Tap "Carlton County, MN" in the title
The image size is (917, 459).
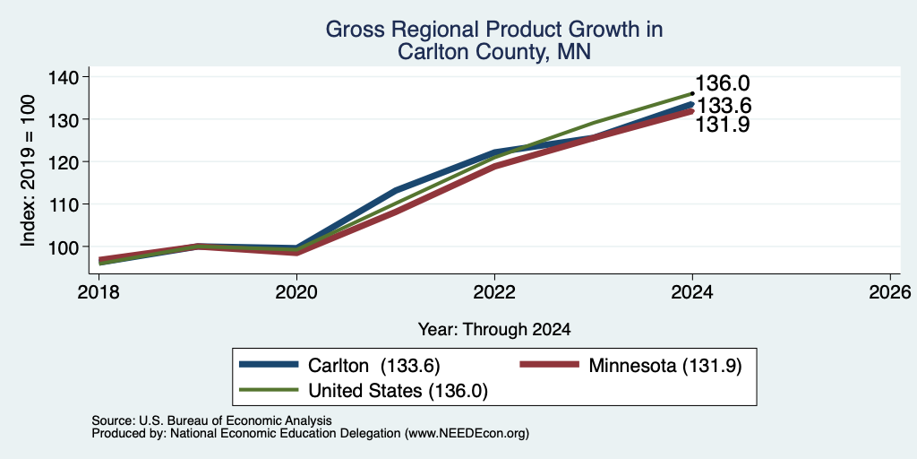494,52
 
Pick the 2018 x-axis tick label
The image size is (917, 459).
99,291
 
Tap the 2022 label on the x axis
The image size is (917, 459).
494,291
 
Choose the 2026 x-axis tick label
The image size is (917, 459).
890,291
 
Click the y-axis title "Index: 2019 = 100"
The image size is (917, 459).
29,170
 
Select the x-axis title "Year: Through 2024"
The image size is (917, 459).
494,330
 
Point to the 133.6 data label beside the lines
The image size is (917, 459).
724,107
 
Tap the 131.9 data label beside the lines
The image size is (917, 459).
723,125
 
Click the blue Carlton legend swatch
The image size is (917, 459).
269,365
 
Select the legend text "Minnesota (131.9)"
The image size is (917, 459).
665,366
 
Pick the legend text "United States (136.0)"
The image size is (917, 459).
398,391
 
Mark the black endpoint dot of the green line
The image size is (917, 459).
692,93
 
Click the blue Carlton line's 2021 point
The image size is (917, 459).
396,190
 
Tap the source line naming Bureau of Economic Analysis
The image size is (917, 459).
211,420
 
